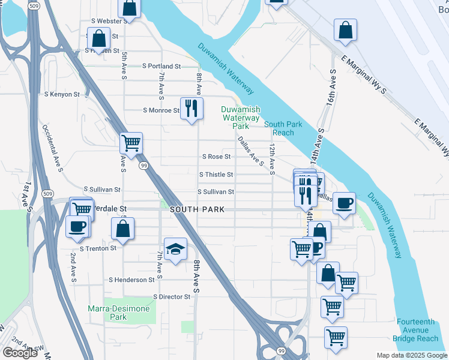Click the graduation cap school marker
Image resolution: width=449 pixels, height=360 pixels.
pos(175,249)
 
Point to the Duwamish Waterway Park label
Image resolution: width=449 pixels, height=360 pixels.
pos(241,118)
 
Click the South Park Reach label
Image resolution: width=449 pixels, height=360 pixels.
pos(279,128)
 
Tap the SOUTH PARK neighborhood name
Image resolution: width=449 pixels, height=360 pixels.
pos(197,209)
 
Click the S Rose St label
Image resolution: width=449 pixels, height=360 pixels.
pos(216,157)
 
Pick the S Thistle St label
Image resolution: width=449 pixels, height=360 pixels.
pos(215,175)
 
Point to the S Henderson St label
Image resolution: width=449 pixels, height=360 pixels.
pos(131,280)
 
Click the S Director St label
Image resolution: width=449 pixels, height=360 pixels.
pos(172,296)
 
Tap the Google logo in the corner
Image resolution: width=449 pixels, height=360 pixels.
pos(20,353)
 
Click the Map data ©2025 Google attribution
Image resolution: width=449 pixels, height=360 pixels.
pos(411,355)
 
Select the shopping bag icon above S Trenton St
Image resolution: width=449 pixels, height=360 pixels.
pos(122,229)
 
